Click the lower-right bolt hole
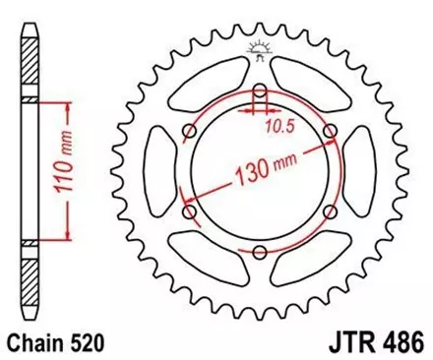pos(329,212)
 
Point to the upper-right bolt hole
pos(329,133)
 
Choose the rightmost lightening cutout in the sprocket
pos(361,173)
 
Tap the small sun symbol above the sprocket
pos(260,47)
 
